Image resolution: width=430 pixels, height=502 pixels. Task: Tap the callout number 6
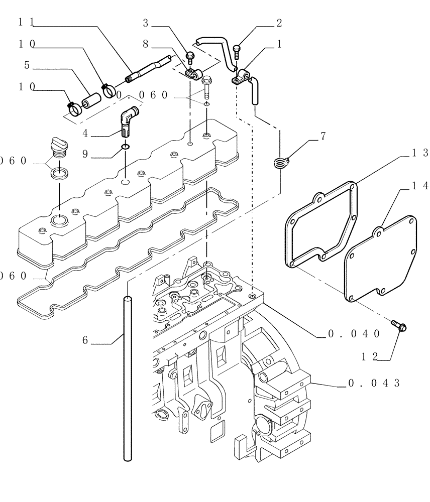point(85,340)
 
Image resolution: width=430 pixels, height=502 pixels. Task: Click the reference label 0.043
point(374,384)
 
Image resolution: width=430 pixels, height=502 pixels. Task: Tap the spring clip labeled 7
point(282,162)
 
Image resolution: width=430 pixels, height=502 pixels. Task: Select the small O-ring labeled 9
point(125,148)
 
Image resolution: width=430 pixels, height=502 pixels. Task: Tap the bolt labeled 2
point(238,50)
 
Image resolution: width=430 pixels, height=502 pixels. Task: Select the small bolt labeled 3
point(190,56)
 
